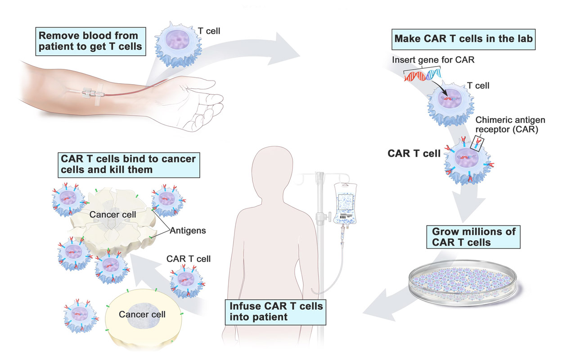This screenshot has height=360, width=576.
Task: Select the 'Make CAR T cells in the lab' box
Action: pos(463,39)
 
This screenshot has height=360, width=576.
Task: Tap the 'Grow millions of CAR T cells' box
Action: pos(474,237)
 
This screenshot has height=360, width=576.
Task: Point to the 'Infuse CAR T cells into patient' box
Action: pos(276,311)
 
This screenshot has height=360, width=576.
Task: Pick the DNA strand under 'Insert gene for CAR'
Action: pos(423,75)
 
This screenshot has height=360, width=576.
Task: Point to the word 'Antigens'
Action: pos(188,231)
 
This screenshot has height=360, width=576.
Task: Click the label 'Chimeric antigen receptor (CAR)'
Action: pos(504,124)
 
